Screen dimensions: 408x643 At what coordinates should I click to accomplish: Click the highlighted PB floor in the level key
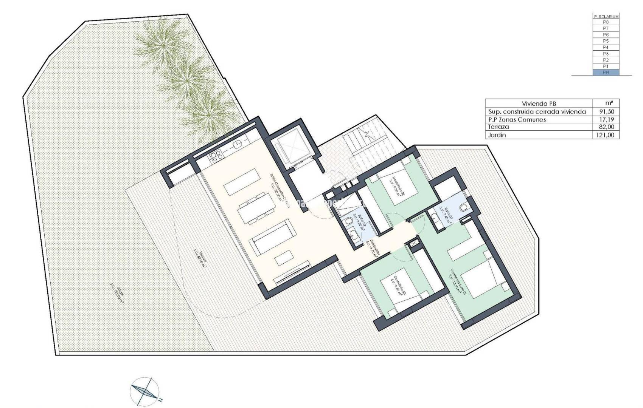click(x=606, y=73)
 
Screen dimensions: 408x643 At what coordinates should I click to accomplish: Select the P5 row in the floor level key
click(x=606, y=41)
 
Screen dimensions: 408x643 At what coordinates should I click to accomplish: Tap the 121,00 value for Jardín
click(x=606, y=135)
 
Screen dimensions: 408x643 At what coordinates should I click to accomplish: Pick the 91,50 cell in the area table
click(x=606, y=112)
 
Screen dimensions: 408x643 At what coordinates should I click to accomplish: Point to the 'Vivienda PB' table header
click(x=539, y=104)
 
